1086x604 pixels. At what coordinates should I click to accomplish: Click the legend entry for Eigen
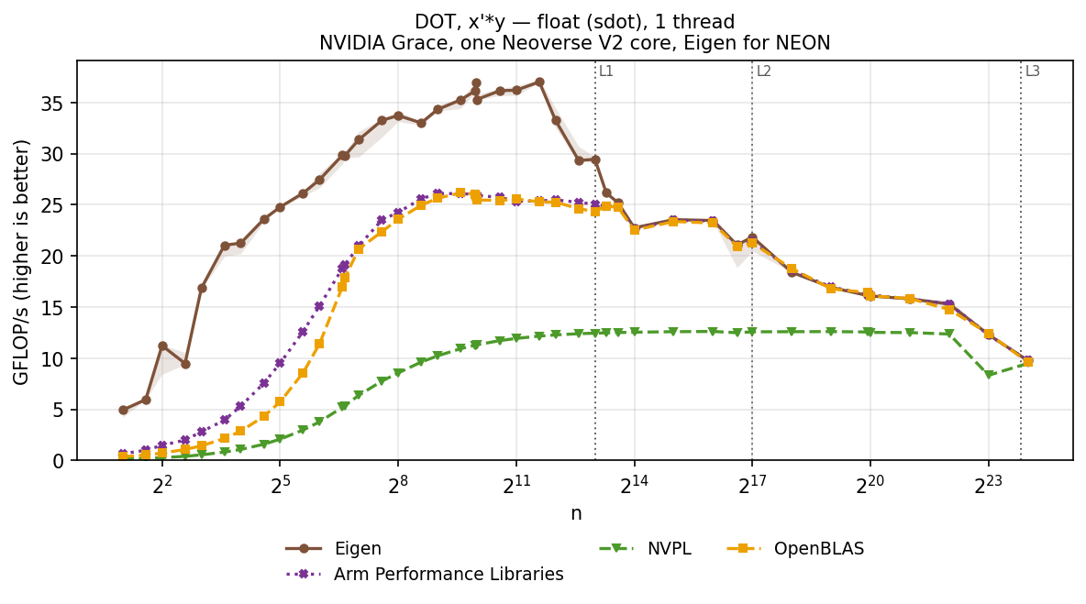pos(333,549)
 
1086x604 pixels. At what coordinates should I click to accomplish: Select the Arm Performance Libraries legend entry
pos(425,575)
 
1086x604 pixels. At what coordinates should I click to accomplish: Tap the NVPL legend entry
pos(645,549)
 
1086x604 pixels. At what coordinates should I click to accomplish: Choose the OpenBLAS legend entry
pos(795,549)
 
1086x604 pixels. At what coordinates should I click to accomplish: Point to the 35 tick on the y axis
pos(56,103)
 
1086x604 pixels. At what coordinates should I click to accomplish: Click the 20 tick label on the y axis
pos(56,256)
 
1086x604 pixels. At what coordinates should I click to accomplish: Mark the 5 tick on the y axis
pos(61,410)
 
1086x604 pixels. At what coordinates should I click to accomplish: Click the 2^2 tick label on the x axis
pos(162,484)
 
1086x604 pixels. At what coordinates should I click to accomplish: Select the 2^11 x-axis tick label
pos(516,484)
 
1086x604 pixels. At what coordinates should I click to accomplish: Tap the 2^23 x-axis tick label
pos(989,484)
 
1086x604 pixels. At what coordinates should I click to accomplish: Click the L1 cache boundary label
pos(606,71)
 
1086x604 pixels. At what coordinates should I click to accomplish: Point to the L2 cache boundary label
pos(763,71)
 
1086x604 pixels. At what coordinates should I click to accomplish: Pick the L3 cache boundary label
pos(1032,71)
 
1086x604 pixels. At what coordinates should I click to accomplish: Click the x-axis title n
pos(575,513)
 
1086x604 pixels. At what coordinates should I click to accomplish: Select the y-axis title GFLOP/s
pos(21,262)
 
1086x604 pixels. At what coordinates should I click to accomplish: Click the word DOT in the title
pos(434,21)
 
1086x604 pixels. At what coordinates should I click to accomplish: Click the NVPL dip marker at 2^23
pos(989,374)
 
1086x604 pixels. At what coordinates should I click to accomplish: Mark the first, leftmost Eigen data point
pos(123,410)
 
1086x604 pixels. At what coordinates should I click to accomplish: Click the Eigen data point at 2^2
pos(162,346)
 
